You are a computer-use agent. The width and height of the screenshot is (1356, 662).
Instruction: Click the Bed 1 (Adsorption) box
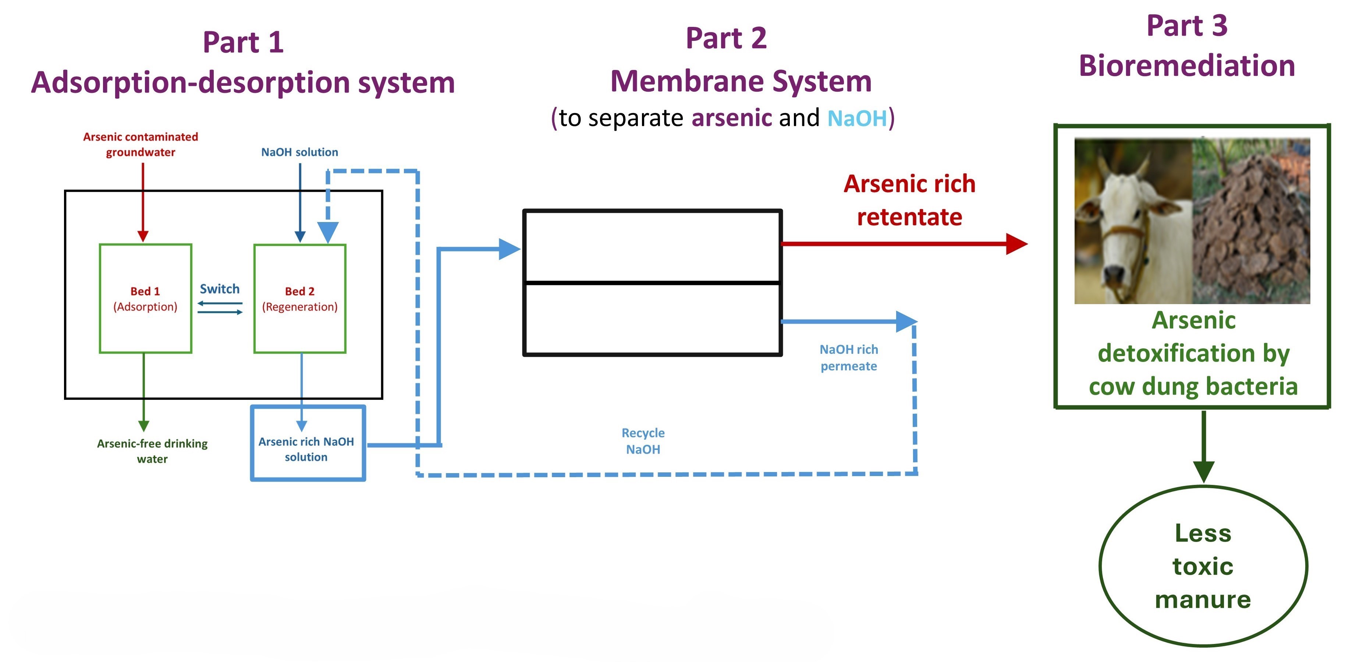coord(145,298)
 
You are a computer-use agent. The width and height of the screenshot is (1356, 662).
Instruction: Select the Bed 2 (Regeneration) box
coord(299,298)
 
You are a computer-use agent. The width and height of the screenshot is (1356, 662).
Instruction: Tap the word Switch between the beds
coord(220,289)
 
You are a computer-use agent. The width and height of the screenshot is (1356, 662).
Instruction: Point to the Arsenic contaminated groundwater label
coord(141,144)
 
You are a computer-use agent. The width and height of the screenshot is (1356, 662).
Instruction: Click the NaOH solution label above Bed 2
coord(299,152)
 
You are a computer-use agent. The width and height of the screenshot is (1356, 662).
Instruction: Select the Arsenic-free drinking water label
coord(152,451)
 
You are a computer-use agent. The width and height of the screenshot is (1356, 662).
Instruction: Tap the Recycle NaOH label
coord(643,441)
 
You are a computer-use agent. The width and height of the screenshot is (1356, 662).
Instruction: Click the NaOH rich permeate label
coord(849,358)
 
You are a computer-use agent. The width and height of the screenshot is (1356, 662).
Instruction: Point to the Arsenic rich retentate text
coord(909,200)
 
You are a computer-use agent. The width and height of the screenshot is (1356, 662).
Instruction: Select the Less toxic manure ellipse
coord(1203,566)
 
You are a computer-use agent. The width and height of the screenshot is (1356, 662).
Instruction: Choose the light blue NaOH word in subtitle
coord(857,118)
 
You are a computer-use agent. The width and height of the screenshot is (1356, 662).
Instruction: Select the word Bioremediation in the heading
coord(1186,66)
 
